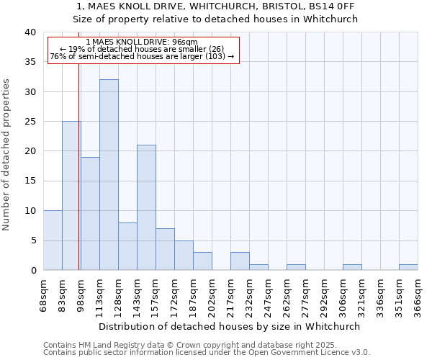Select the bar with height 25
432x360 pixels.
[71, 196]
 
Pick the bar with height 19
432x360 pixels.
[90, 214]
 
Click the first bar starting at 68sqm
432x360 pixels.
[53, 240]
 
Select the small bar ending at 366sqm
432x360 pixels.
[408, 267]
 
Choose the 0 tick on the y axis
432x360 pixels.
[32, 270]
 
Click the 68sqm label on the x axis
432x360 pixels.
[44, 294]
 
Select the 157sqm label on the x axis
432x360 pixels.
[156, 294]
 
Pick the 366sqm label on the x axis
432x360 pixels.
[418, 294]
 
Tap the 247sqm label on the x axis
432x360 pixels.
[269, 294]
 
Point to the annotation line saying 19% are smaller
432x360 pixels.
[141, 49]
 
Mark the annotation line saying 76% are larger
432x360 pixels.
[142, 56]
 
